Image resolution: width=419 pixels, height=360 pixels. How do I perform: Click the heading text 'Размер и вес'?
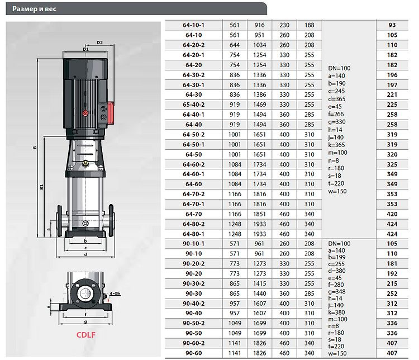tap(34, 9)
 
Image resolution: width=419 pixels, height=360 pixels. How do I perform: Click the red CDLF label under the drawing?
tap(86, 335)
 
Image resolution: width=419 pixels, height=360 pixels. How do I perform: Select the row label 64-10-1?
tap(193, 25)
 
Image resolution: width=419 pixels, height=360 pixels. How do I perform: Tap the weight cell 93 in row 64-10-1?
tap(392, 25)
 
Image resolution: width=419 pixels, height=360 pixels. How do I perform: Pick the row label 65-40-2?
tap(193, 105)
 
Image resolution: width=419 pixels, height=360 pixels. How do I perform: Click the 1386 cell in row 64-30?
tap(259, 94)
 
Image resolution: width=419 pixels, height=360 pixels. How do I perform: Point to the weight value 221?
tap(392, 94)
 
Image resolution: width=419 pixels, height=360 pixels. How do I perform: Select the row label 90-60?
tap(193, 353)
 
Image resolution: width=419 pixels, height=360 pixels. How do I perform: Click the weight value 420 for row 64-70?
tap(392, 214)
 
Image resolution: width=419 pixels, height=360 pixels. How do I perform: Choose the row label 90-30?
tap(193, 293)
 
